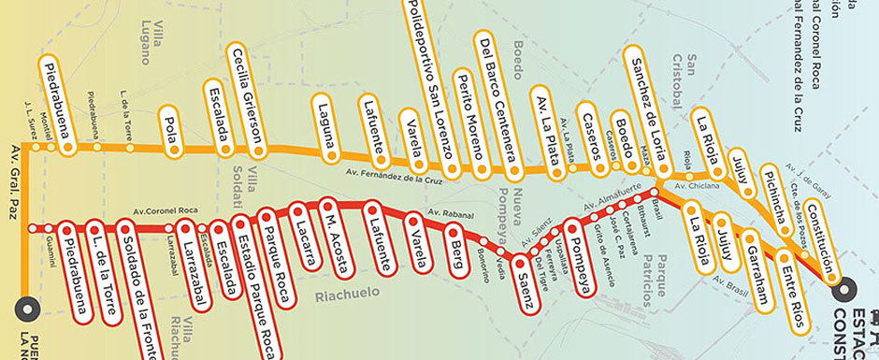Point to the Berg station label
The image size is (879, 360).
click(458, 247)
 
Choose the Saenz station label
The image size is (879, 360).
click(527, 281)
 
